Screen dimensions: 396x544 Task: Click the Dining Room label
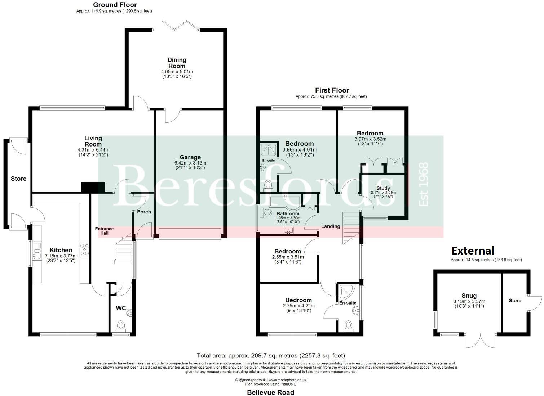click(x=177, y=63)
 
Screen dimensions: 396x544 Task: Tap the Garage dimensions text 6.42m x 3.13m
click(x=190, y=163)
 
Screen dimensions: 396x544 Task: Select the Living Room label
click(x=93, y=141)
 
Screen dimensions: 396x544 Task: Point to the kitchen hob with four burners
click(x=85, y=250)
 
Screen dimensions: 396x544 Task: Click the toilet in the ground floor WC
click(x=120, y=326)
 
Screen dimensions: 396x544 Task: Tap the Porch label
click(x=144, y=212)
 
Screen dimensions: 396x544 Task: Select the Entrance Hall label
click(x=104, y=231)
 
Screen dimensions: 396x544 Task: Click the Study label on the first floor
click(x=383, y=188)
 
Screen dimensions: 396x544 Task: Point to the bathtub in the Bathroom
click(x=285, y=202)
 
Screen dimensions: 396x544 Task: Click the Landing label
click(x=331, y=226)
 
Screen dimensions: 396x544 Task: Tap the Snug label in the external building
click(x=469, y=296)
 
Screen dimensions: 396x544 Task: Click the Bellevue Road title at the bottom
click(x=270, y=392)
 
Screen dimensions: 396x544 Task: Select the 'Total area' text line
click(x=271, y=356)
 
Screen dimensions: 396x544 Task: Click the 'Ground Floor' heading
click(x=115, y=5)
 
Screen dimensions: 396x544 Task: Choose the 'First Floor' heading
click(x=332, y=90)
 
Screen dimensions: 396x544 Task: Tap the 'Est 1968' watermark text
click(x=424, y=184)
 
